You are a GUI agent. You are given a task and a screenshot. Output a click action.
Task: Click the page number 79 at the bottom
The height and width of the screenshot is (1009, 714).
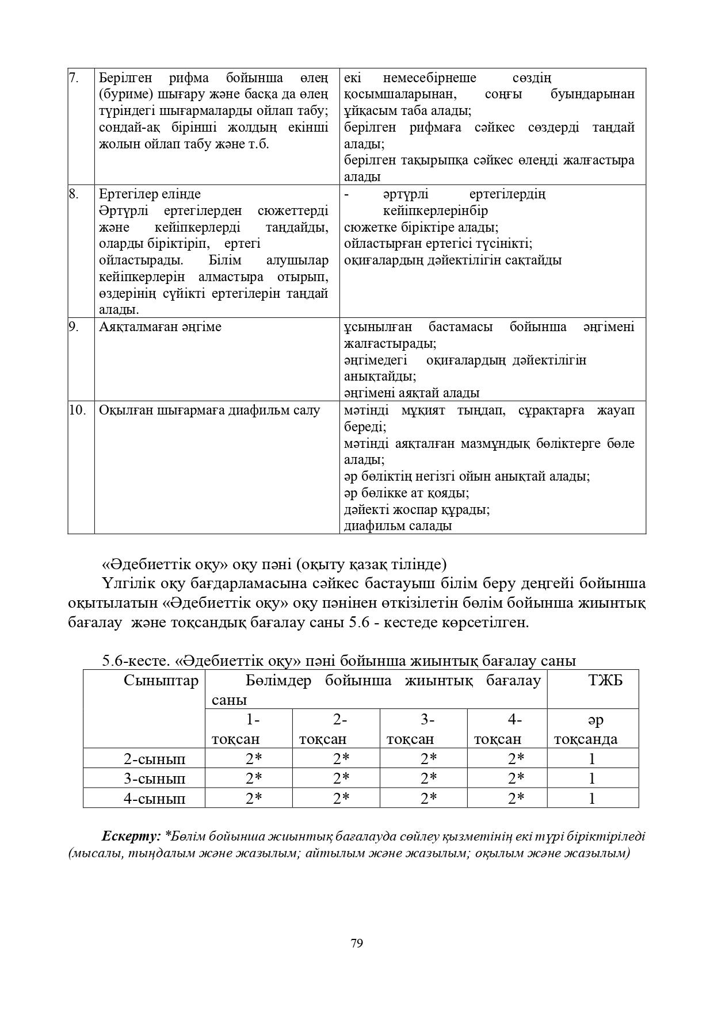point(356,943)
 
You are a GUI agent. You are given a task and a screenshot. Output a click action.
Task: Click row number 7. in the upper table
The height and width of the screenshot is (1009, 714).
point(74,78)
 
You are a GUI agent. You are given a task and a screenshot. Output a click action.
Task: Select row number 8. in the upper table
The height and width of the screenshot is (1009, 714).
point(74,194)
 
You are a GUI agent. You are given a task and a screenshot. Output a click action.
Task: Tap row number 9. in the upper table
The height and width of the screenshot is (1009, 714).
point(74,327)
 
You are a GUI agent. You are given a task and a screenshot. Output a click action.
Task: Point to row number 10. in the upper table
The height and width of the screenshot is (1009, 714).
point(77,410)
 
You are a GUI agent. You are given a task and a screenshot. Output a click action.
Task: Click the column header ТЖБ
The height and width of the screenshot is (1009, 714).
point(605,681)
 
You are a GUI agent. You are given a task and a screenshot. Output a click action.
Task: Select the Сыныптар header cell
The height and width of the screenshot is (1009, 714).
point(161,681)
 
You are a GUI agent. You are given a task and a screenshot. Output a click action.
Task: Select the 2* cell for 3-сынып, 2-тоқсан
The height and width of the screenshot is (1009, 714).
point(341,779)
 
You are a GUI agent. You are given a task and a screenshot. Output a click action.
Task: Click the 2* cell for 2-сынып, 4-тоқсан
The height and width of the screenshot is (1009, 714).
point(516,759)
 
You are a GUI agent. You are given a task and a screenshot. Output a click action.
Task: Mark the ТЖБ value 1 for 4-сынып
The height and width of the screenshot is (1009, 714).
point(592,799)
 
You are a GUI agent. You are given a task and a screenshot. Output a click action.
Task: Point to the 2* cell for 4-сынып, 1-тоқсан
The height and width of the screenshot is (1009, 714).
point(254,799)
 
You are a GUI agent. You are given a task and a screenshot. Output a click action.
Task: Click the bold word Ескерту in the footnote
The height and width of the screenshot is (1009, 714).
point(131,836)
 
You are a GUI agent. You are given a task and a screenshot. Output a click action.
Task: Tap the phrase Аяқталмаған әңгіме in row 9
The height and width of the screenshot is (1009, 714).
point(160,327)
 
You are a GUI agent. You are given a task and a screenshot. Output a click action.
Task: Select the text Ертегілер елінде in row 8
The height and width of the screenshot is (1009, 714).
point(150,194)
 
